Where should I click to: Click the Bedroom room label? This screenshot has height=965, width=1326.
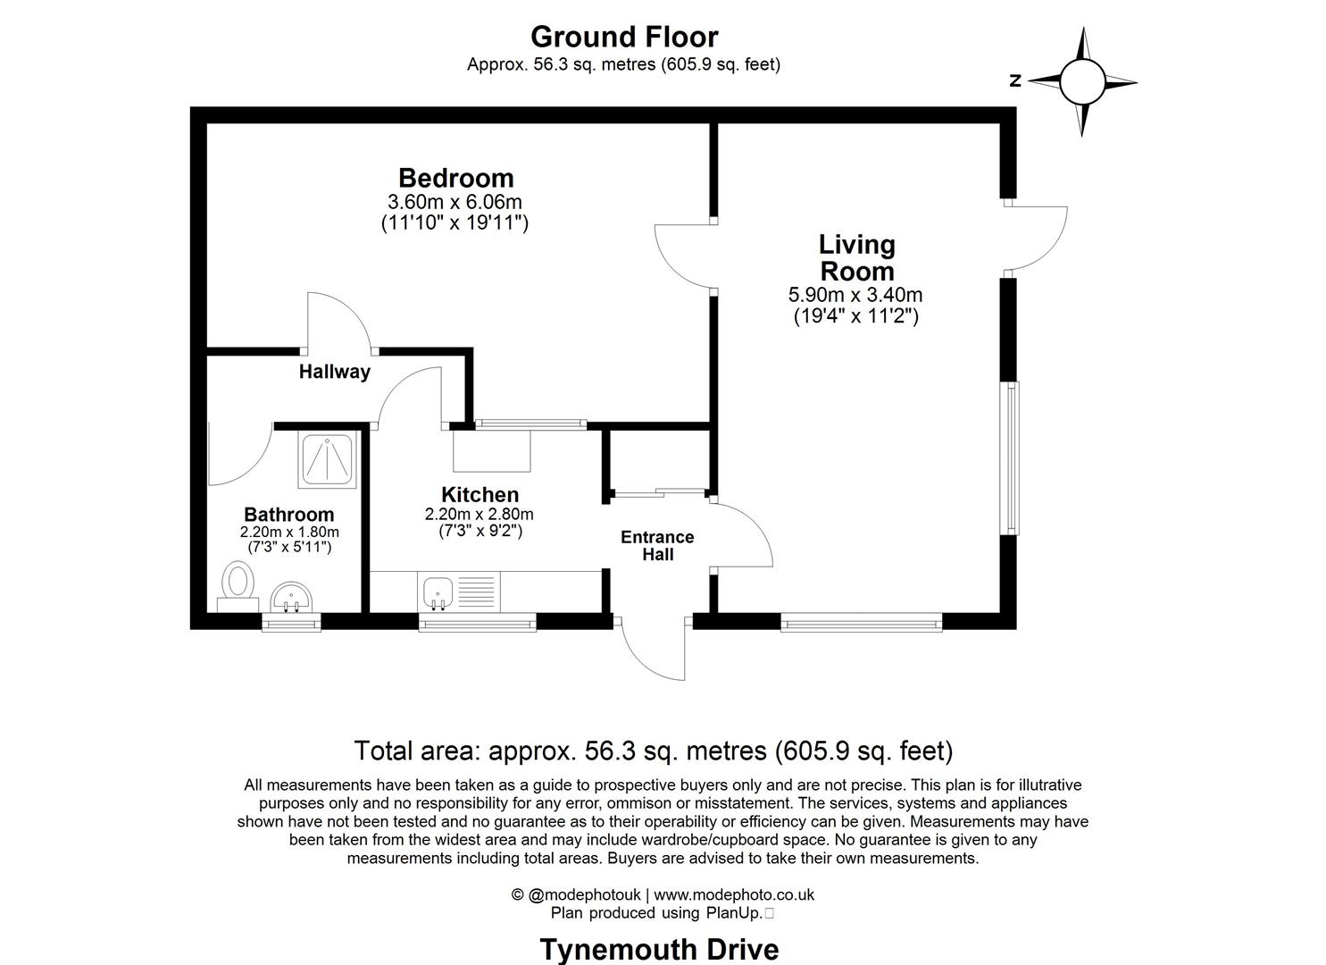[455, 178]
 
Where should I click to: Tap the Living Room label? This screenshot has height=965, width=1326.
[856, 257]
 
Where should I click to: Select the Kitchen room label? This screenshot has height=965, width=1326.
[480, 495]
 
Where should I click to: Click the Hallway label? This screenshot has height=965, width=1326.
[334, 372]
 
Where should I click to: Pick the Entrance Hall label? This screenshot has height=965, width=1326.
[657, 545]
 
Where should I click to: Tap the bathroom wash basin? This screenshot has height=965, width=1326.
[290, 596]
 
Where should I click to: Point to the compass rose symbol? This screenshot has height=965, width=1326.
[1082, 81]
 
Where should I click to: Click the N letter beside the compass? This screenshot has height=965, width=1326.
[1015, 81]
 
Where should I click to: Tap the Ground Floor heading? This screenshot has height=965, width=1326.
[623, 37]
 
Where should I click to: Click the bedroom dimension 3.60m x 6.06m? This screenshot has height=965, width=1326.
[455, 202]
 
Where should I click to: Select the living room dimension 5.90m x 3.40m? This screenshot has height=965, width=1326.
[855, 295]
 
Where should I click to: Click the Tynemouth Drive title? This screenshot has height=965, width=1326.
[659, 949]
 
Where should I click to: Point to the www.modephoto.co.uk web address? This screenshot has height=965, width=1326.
[734, 894]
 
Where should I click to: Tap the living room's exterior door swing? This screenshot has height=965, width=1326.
[1036, 237]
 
